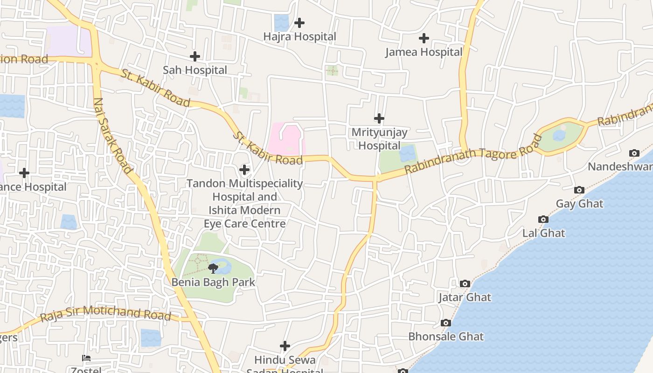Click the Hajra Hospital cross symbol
[x=299, y=22]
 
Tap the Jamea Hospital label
[x=424, y=52]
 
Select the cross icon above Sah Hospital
[x=195, y=56]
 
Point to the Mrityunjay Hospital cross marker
[x=379, y=118]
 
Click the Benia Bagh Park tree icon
[x=213, y=268]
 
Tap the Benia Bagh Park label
[x=213, y=282]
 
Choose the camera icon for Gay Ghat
[x=579, y=190]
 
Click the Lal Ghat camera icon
[x=543, y=219]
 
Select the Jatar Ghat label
[x=465, y=297]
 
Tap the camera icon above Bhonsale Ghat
[x=445, y=323]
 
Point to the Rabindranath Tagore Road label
[x=474, y=154]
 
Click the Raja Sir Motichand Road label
[x=105, y=314]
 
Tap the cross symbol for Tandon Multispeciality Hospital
[x=244, y=170]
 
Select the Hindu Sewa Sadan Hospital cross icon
[x=285, y=346]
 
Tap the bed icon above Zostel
[x=86, y=358]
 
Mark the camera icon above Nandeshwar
[x=634, y=153]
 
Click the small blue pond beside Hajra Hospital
[x=281, y=22]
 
